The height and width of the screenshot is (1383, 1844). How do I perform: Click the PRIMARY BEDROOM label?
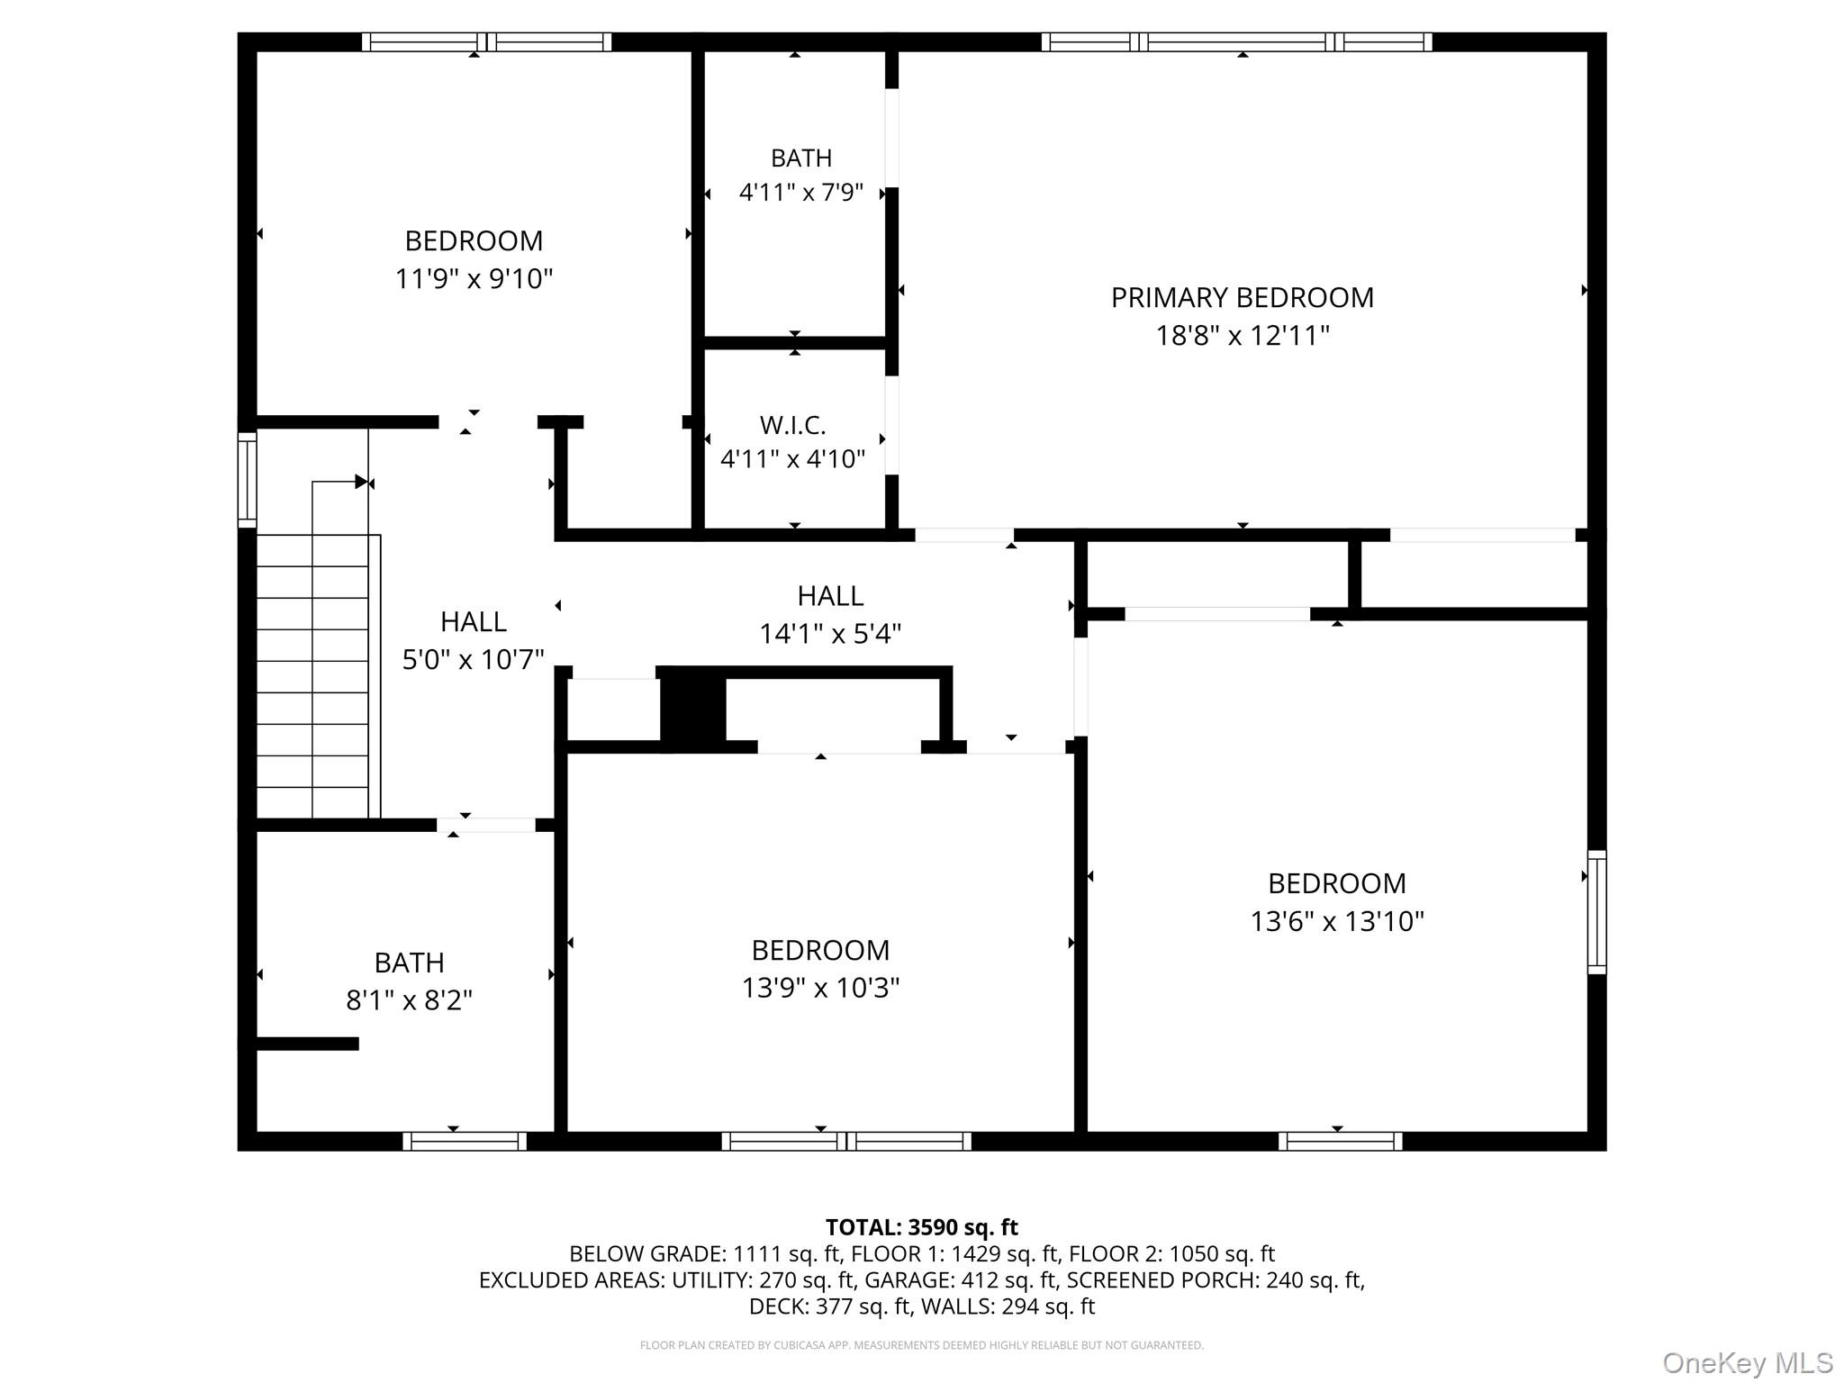pos(1242,298)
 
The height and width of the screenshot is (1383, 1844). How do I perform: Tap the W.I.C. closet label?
pos(792,424)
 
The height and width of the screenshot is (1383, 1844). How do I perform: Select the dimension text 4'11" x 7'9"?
pos(801,193)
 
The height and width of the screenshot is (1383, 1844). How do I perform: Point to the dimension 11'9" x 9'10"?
pos(474,279)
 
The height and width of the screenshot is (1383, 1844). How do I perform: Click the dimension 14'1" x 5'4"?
pos(830,634)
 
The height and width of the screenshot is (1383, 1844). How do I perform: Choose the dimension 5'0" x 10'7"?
pos(474,660)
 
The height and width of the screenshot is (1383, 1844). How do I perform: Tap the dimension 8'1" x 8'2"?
pos(410,1000)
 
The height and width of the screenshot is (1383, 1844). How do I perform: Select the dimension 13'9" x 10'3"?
pos(820,988)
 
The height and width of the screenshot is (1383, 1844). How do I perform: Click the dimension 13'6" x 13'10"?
pos(1337,921)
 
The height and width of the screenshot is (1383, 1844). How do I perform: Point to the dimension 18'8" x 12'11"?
pos(1243,336)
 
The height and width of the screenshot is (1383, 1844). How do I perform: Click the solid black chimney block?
pos(693,709)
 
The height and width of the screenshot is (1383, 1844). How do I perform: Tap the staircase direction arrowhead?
pos(361,482)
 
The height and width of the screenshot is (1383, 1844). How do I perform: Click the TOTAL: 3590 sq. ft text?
pos(922,1227)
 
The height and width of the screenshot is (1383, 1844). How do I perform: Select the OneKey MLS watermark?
pos(1748,1363)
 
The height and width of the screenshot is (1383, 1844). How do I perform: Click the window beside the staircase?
pos(247,479)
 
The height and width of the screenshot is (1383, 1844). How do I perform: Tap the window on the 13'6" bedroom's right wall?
pos(1596,912)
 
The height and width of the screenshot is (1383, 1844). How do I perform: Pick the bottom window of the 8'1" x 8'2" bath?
pos(465,1142)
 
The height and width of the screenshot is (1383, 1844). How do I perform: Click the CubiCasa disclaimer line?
pos(922,1345)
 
